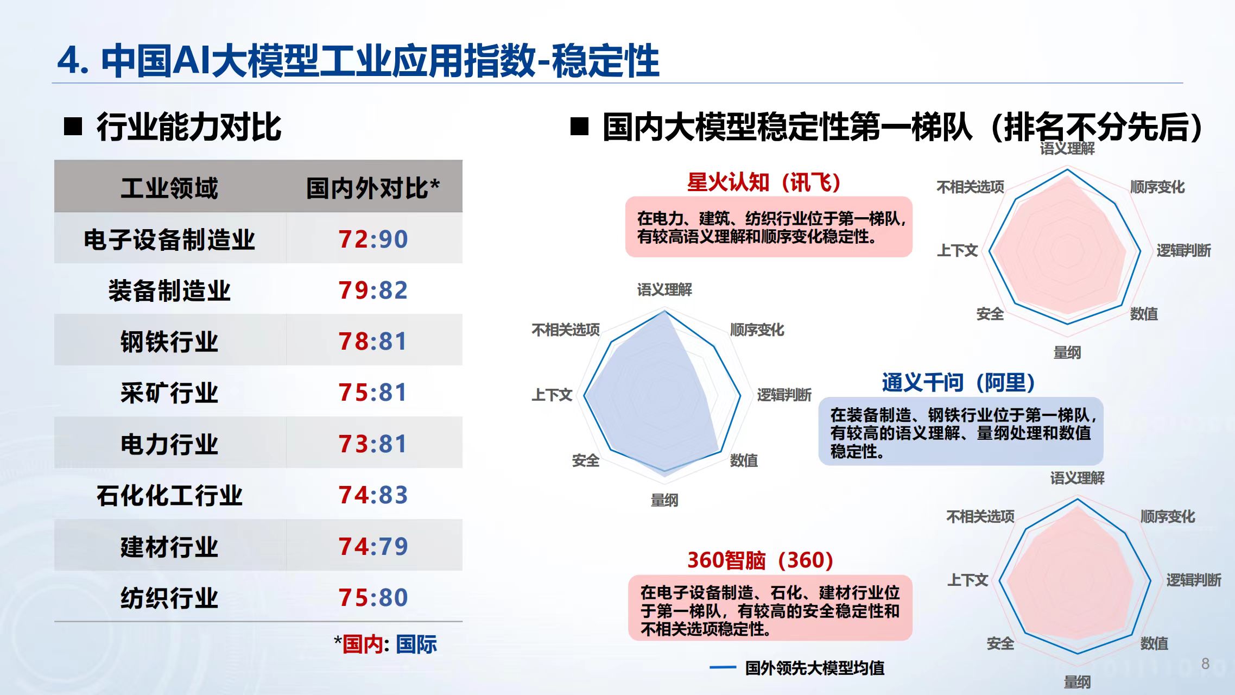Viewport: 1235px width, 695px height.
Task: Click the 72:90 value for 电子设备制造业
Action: (x=373, y=239)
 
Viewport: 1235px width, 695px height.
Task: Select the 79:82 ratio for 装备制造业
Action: (x=373, y=290)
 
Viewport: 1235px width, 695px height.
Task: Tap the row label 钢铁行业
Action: (x=169, y=342)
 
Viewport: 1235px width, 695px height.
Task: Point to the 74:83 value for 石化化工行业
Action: (x=373, y=495)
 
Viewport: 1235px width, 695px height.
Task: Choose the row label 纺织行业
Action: (x=169, y=598)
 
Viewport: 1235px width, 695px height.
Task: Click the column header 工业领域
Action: (x=169, y=188)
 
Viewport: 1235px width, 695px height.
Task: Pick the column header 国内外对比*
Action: (x=373, y=188)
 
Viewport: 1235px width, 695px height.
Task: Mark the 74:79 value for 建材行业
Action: (x=373, y=546)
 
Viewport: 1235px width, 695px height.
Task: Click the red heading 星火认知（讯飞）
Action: (x=764, y=182)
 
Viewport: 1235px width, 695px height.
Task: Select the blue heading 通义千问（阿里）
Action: (x=958, y=383)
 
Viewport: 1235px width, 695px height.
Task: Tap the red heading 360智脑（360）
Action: (x=760, y=560)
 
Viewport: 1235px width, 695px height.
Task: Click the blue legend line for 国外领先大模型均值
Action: (x=723, y=667)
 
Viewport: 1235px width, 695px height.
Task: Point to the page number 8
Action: (x=1205, y=664)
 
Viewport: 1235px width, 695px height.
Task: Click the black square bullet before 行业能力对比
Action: (x=73, y=127)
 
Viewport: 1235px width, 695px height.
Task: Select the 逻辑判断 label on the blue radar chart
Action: (x=784, y=395)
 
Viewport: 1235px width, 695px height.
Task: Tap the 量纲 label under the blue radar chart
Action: (x=664, y=500)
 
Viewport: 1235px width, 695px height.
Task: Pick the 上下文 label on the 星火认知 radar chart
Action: (x=958, y=250)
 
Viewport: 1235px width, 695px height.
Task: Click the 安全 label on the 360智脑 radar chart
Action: (x=1000, y=643)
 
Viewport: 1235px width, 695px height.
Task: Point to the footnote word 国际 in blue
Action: (x=416, y=645)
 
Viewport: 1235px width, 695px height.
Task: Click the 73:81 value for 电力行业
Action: (x=373, y=444)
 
